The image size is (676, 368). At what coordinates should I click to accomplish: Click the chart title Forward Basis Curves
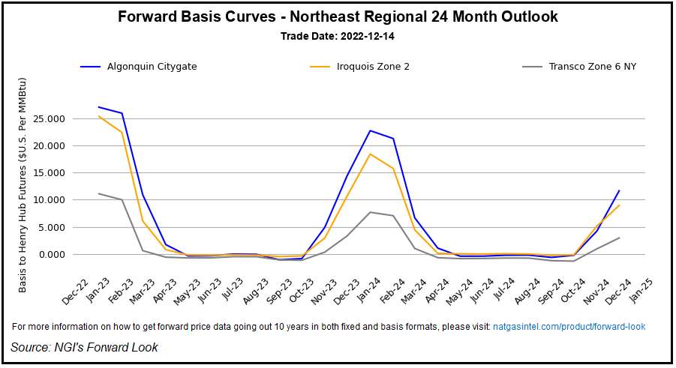[338, 16]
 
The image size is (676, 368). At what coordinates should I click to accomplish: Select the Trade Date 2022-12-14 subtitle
[338, 36]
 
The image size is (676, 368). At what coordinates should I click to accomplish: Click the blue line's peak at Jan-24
[370, 130]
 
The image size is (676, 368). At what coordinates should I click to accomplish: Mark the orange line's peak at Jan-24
[370, 154]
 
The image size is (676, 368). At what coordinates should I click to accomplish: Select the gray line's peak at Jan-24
[370, 212]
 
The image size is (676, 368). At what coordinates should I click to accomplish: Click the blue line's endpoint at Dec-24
[619, 190]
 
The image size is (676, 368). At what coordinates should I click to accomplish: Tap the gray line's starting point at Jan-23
[99, 193]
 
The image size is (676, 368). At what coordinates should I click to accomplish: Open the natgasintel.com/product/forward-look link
[569, 327]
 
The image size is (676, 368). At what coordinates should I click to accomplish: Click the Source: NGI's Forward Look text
[84, 347]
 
